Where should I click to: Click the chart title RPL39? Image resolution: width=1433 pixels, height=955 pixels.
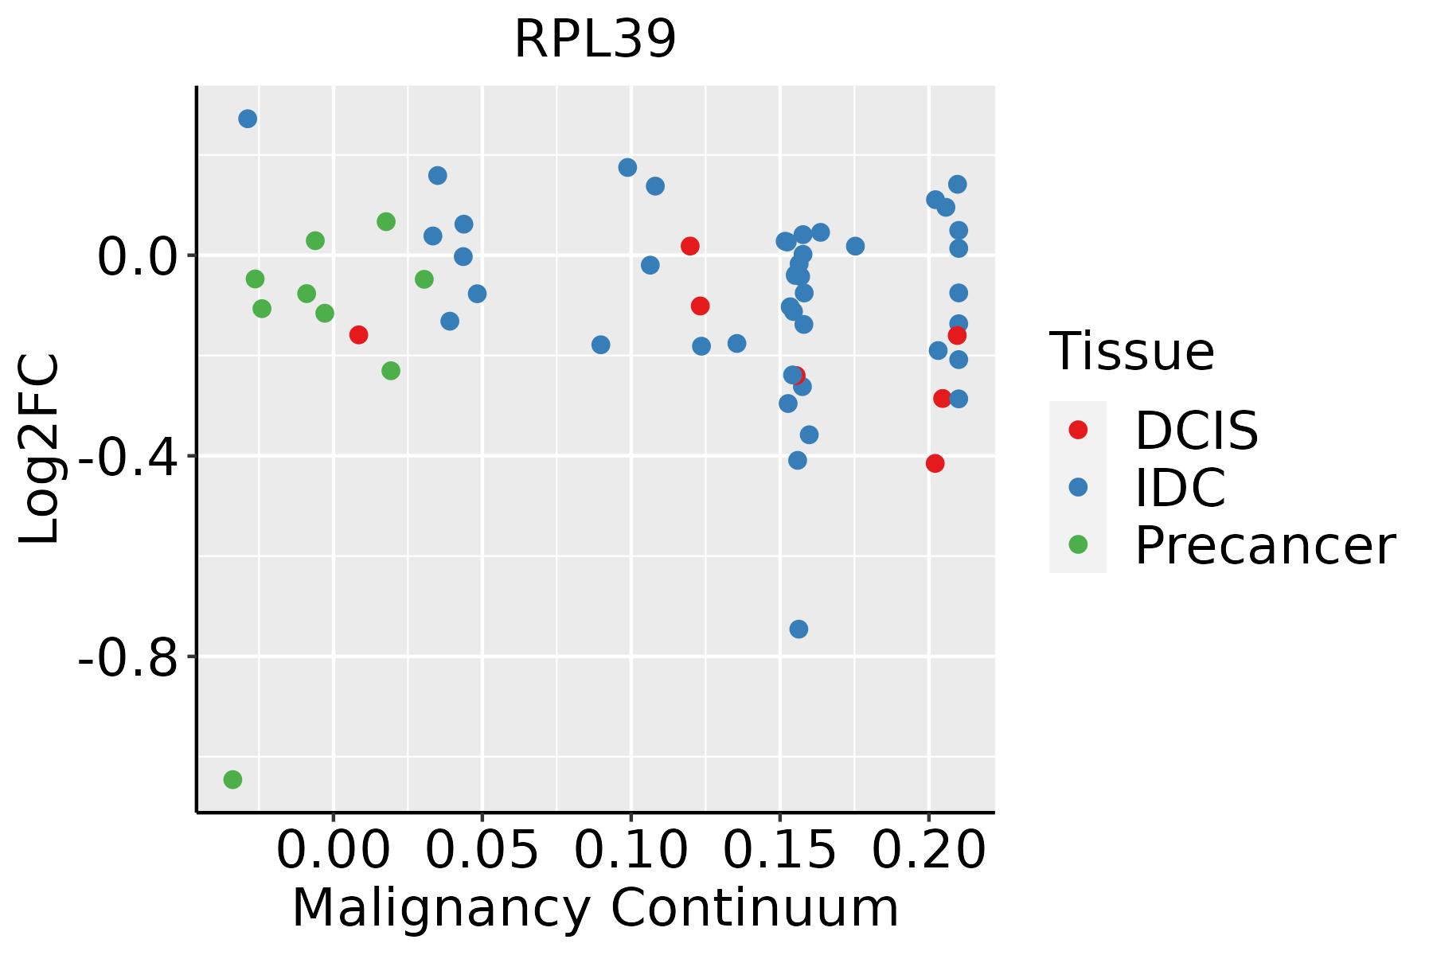click(595, 40)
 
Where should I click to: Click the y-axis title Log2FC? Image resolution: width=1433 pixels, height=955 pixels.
click(40, 450)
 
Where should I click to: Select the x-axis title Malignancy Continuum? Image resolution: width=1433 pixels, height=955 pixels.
click(595, 909)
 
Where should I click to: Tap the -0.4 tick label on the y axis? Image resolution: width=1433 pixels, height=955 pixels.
click(127, 458)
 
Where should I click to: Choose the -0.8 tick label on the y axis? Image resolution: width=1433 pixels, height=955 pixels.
click(127, 658)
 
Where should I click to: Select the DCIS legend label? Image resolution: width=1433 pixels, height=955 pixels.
click(1196, 431)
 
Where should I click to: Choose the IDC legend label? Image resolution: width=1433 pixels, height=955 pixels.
click(1180, 488)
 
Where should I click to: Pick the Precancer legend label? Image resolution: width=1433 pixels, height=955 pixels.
click(1264, 546)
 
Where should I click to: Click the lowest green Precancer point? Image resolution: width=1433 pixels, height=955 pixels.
click(232, 779)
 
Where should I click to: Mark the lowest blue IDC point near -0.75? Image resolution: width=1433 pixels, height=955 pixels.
click(798, 630)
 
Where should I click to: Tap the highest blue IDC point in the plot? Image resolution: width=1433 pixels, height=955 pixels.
click(248, 119)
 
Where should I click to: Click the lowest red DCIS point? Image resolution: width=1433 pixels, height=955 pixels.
click(935, 463)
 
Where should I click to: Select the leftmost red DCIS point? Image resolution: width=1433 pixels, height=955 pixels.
click(358, 334)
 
